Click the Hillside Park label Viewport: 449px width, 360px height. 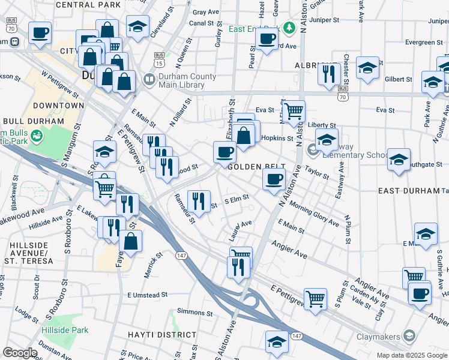pyautogui.click(x=65, y=330)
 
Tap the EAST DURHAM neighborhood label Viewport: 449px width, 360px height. pyautogui.click(x=409, y=190)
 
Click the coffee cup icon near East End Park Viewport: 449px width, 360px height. pyautogui.click(x=267, y=38)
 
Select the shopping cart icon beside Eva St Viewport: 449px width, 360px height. pyautogui.click(x=294, y=110)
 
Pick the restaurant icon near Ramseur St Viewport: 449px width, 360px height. pyautogui.click(x=199, y=200)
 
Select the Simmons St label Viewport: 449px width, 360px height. pyautogui.click(x=191, y=313)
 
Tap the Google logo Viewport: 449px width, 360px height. pyautogui.click(x=20, y=353)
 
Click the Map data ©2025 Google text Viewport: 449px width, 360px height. pyautogui.click(x=411, y=355)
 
